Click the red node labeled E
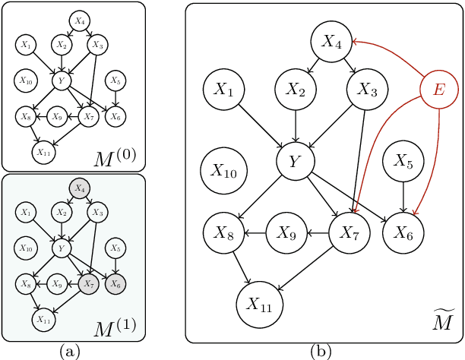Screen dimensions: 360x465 click(x=438, y=90)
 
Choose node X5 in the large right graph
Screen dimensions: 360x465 click(x=403, y=160)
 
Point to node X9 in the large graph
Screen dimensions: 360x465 click(x=286, y=233)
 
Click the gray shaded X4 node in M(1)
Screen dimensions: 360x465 click(x=79, y=188)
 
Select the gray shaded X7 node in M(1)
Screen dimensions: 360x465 click(x=89, y=284)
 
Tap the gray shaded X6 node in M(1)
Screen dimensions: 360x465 click(x=115, y=284)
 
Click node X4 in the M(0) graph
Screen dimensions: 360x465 click(x=79, y=21)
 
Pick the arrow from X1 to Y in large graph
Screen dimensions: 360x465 click(x=261, y=125)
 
